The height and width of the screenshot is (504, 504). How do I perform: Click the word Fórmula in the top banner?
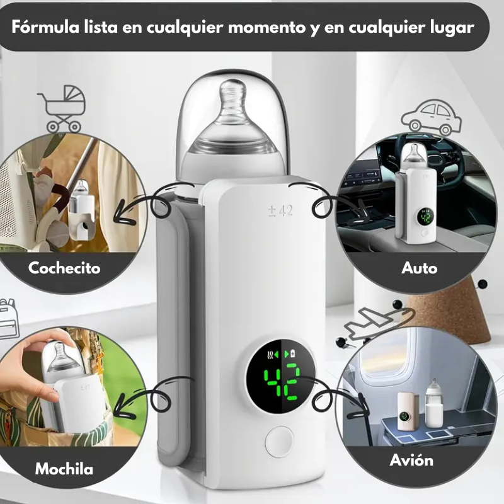(x=45, y=26)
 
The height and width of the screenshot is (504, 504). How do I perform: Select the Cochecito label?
(x=64, y=268)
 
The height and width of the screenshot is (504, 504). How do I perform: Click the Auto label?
(x=419, y=268)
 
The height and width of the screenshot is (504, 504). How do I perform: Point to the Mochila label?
(x=64, y=469)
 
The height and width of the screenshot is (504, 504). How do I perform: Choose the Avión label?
(x=411, y=460)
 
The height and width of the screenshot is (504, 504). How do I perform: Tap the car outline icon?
(x=431, y=117)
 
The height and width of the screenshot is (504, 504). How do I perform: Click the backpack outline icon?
(x=8, y=318)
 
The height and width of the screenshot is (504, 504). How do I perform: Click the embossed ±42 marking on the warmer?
(x=280, y=211)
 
